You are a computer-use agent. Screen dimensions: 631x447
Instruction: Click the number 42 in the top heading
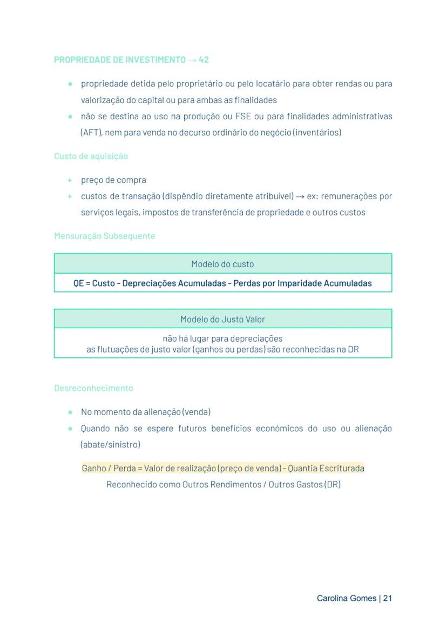click(204, 60)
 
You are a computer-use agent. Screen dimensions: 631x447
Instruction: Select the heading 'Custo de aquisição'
click(91, 156)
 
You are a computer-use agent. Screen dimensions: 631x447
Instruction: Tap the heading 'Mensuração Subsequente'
click(104, 236)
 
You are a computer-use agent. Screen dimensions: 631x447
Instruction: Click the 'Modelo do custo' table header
click(222, 264)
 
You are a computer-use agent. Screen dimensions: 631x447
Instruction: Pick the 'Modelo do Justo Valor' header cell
click(222, 319)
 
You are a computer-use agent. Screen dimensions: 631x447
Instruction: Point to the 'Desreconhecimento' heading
click(93, 388)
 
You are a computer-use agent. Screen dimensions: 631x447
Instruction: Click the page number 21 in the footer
click(388, 598)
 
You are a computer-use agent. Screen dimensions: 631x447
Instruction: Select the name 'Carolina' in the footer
click(332, 598)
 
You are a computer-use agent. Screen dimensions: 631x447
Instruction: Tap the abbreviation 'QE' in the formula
click(78, 283)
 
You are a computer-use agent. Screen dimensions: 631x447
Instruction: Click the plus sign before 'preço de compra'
click(70, 180)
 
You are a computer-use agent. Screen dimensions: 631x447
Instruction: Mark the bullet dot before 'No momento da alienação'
click(70, 412)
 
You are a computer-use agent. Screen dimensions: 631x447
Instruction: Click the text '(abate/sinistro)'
click(110, 444)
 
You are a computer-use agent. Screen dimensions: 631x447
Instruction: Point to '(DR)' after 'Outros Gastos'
click(332, 484)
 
